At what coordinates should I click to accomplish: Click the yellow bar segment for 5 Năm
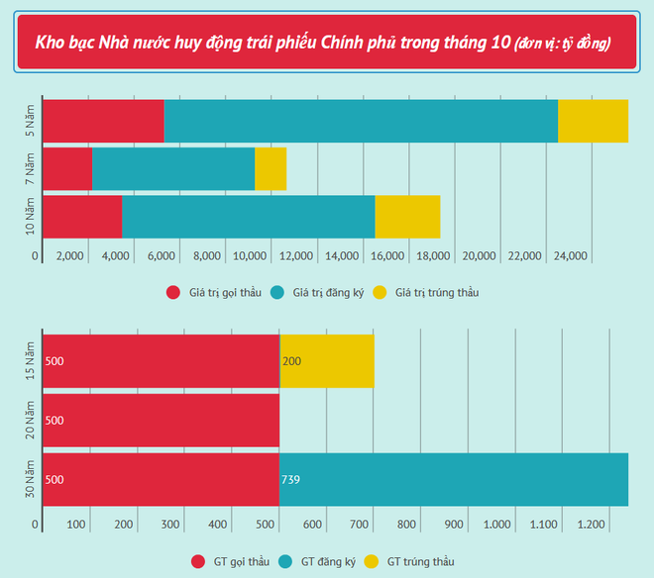click(593, 121)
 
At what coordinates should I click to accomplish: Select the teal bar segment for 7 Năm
click(173, 168)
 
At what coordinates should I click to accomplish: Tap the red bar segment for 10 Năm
click(82, 217)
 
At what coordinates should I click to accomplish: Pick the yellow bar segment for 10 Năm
click(407, 217)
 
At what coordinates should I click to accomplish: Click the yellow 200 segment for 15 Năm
click(327, 361)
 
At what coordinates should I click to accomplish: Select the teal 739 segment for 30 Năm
click(454, 480)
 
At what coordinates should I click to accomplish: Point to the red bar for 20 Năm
click(161, 421)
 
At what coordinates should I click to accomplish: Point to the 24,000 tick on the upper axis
click(570, 256)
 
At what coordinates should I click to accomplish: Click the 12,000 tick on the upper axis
click(298, 256)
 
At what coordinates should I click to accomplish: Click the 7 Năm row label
click(30, 168)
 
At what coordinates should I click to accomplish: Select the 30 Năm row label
click(30, 480)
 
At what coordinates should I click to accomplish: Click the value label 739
click(291, 481)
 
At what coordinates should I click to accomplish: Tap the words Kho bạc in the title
click(64, 44)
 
